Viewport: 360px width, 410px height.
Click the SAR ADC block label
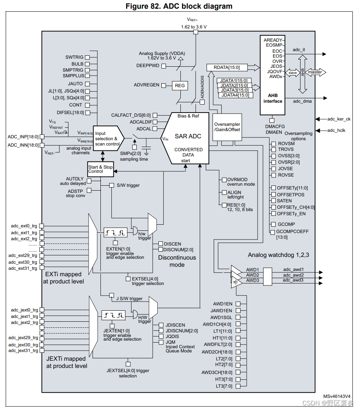point(188,136)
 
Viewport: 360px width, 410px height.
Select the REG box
point(180,86)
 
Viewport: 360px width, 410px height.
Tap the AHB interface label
point(273,99)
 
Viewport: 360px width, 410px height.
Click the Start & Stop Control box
point(100,169)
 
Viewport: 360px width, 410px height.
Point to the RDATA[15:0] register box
point(227,67)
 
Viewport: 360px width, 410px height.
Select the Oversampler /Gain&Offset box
point(227,127)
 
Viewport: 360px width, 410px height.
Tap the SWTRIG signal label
point(74,57)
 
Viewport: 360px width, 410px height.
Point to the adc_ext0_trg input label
point(24,226)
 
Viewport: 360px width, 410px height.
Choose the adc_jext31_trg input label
point(24,351)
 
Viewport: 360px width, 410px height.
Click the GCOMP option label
point(286,224)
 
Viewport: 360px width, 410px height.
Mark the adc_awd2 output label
point(294,275)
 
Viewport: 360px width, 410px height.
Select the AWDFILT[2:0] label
point(218,344)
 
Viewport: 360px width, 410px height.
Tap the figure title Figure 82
point(178,6)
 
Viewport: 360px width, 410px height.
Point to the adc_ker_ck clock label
point(339,119)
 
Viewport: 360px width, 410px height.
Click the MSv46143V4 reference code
point(337,396)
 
